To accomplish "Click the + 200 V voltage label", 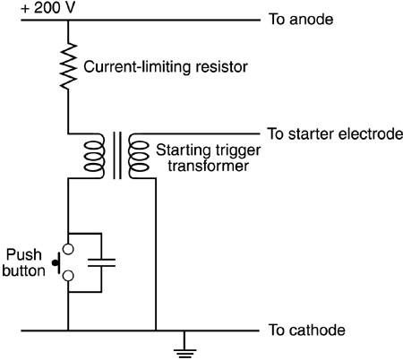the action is pos(47,8).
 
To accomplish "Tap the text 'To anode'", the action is pos(301,20).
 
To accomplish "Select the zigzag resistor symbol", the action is pos(68,66).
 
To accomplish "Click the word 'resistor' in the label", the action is pos(221,66).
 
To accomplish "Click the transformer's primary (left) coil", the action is pos(95,156).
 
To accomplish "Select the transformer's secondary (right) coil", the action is pos(139,156).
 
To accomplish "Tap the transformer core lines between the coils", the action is pos(117,155).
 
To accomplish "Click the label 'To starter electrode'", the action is pos(335,133).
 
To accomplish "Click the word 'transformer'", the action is pos(208,166).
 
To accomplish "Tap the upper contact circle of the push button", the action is pos(68,249).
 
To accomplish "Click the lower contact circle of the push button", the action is pos(68,276).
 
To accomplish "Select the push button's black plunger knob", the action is pos(55,263).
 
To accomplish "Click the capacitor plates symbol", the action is pos(101,262).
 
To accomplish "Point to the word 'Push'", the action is pos(24,254).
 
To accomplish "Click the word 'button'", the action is pos(23,270).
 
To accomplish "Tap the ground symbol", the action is pos(184,349).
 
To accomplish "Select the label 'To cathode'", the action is pos(307,330).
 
